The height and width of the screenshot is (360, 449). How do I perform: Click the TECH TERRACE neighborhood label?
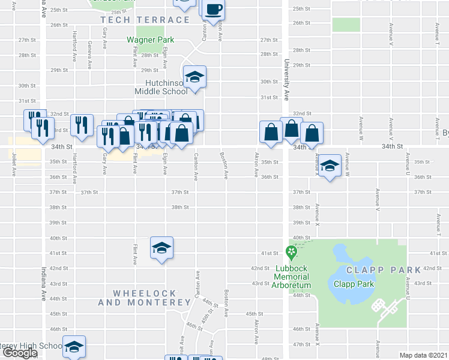pyautogui.click(x=145, y=20)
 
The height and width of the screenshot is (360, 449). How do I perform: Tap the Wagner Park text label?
pyautogui.click(x=149, y=40)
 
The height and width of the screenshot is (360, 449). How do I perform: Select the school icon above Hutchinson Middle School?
pyautogui.click(x=194, y=77)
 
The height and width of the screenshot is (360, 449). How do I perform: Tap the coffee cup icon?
pyautogui.click(x=214, y=10)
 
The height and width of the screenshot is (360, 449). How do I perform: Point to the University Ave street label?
pyautogui.click(x=286, y=81)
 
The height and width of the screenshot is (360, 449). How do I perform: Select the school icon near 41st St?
pyautogui.click(x=161, y=248)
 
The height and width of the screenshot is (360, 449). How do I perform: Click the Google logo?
pyautogui.click(x=19, y=353)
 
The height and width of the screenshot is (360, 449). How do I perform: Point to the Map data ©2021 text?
pyautogui.click(x=423, y=355)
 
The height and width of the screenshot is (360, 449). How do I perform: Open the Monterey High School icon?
pyautogui.click(x=74, y=346)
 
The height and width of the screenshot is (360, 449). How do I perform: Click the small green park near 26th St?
pyautogui.click(x=346, y=25)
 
